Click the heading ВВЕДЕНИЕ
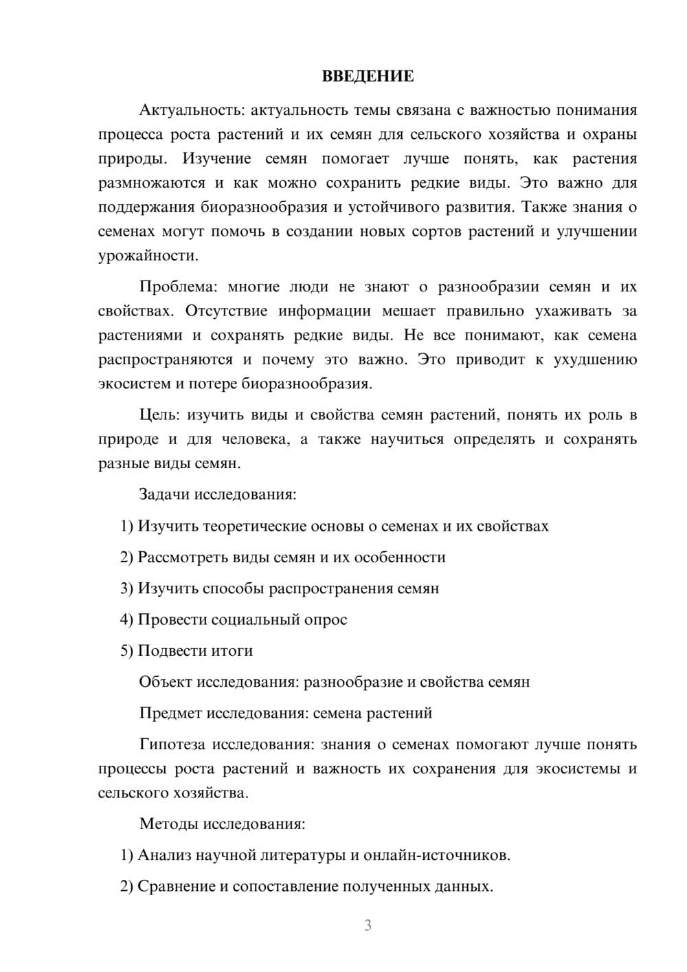pos(368,76)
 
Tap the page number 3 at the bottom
pos(368,925)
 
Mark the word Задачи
pos(164,494)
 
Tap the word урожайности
pos(147,256)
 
